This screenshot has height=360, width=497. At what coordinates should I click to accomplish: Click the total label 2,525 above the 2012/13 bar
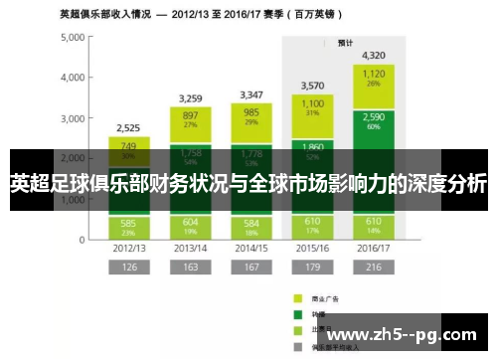coord(129,127)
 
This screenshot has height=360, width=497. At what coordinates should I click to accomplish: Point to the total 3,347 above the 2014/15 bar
coord(251,94)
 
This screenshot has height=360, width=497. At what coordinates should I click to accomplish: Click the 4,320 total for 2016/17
coord(374,55)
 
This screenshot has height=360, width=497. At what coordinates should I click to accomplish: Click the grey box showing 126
coord(129,269)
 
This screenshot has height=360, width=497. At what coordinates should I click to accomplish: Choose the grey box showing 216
coord(374,269)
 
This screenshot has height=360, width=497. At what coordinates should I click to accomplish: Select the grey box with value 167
coord(251,269)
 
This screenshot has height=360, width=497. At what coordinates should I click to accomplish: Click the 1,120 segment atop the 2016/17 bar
coord(374,78)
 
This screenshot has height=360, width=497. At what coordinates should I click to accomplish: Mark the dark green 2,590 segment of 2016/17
coord(374,121)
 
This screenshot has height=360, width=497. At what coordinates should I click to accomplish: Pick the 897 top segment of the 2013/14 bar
coord(191,118)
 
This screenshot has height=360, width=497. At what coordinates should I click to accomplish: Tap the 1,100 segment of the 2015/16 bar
coord(313,107)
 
